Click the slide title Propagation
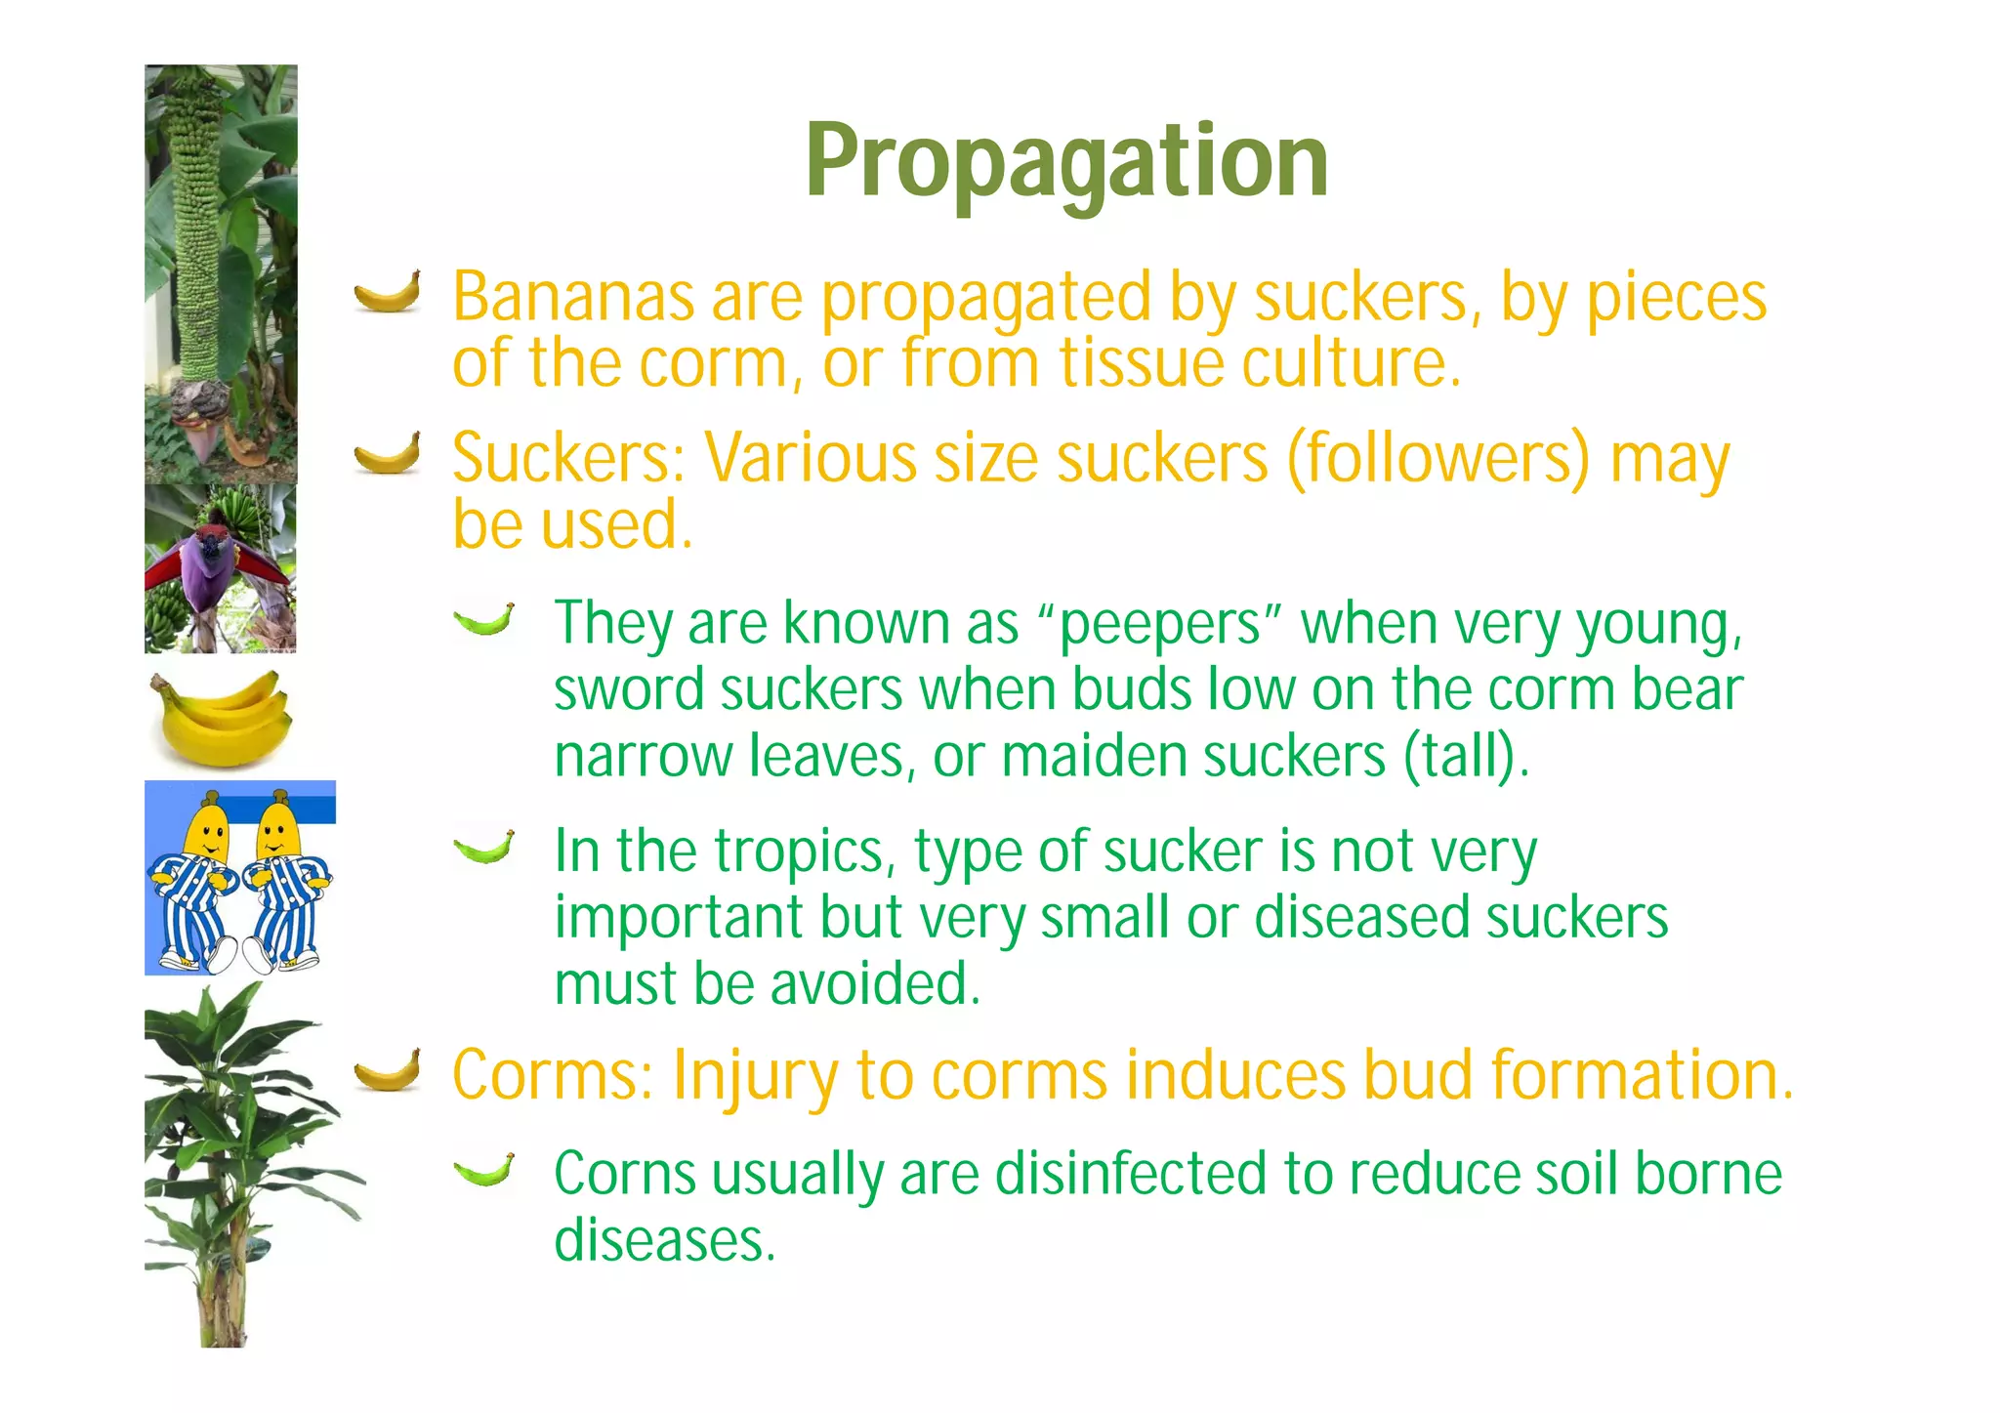pyautogui.click(x=1066, y=161)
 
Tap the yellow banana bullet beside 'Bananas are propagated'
pyautogui.click(x=388, y=292)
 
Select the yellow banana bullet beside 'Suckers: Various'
pyautogui.click(x=388, y=453)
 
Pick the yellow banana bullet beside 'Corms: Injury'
pyautogui.click(x=388, y=1069)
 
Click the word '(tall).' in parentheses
pyautogui.click(x=1466, y=756)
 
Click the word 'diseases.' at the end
pyautogui.click(x=665, y=1239)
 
